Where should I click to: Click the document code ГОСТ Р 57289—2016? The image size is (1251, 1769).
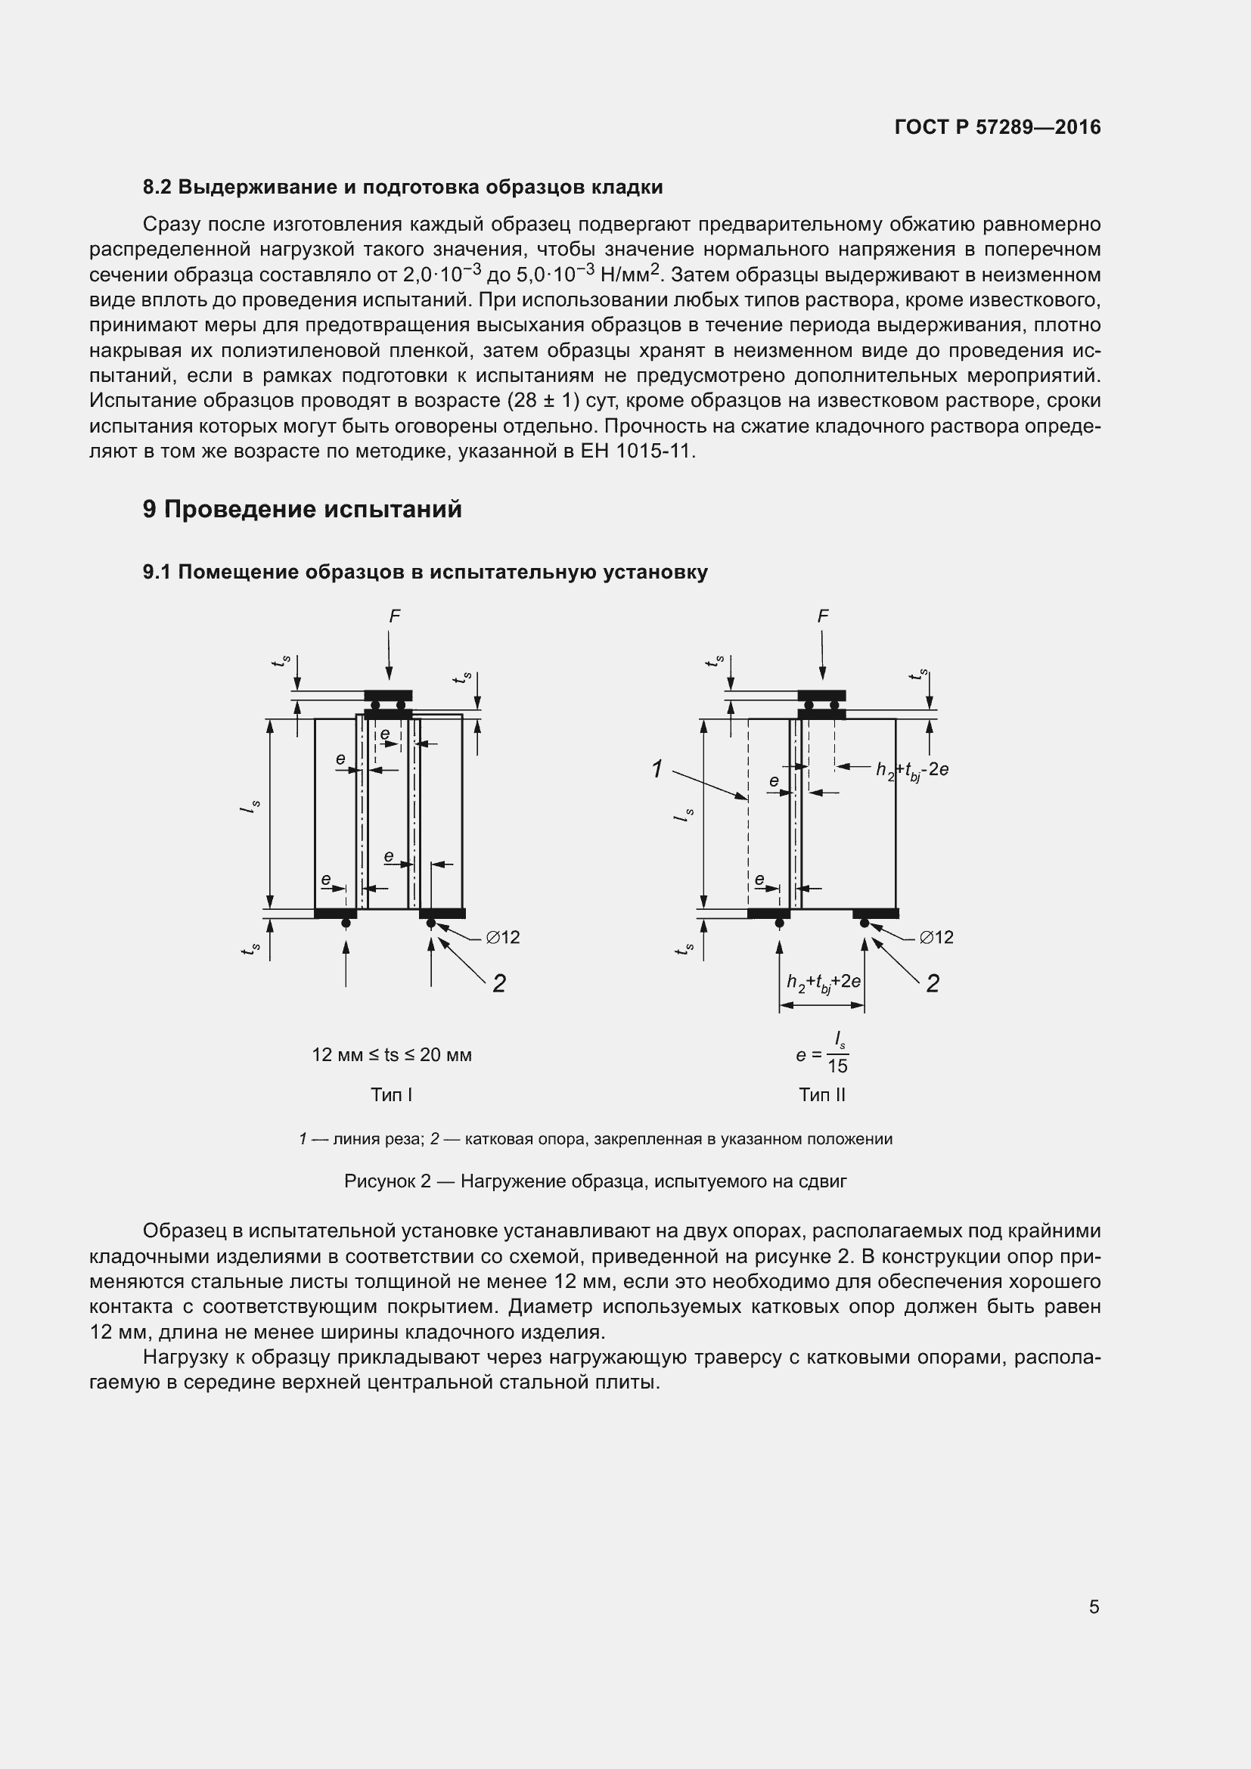998,127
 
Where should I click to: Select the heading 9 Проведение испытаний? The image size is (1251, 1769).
302,509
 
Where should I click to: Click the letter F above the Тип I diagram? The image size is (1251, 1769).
394,616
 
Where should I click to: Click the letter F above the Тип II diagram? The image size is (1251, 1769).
823,616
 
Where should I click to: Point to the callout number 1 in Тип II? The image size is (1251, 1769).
657,768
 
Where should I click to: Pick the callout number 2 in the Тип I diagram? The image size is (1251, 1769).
499,983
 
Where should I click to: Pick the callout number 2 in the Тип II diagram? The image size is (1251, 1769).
932,983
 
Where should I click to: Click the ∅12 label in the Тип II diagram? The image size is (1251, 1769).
936,937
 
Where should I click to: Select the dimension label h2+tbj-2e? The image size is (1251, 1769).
911,769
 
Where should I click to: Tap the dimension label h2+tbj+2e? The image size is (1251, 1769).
823,982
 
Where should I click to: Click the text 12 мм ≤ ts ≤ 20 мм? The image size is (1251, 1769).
391,1055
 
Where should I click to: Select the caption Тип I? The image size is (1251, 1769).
391,1095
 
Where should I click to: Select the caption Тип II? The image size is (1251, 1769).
822,1095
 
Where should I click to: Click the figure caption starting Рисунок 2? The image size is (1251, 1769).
594,1181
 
